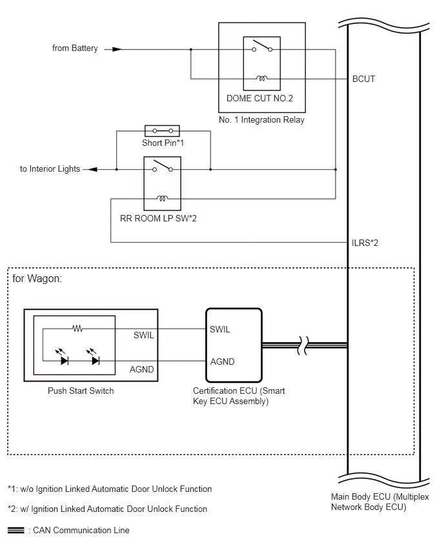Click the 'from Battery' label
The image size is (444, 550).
tap(75, 48)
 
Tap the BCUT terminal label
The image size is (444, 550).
tap(364, 79)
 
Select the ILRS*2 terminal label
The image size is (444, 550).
tap(365, 243)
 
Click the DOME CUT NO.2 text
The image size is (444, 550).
tap(259, 98)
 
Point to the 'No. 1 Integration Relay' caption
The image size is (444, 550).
tap(261, 119)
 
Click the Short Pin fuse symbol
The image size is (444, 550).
tap(162, 131)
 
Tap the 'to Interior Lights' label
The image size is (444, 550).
tap(50, 168)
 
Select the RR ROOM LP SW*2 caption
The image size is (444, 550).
tap(158, 218)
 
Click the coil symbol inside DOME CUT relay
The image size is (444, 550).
tap(261, 78)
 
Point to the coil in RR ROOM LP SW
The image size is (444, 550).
tap(162, 198)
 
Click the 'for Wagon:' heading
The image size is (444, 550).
tap(37, 278)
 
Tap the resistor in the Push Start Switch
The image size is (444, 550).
tap(77, 329)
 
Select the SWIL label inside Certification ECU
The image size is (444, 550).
tap(220, 329)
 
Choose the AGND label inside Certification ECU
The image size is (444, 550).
tap(223, 362)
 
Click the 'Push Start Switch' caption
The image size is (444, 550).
tap(81, 391)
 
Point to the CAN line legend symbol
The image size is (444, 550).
tap(15, 531)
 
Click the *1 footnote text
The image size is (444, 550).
tap(110, 489)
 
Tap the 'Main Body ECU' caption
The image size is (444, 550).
tap(380, 502)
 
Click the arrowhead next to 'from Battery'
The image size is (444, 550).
tap(117, 50)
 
